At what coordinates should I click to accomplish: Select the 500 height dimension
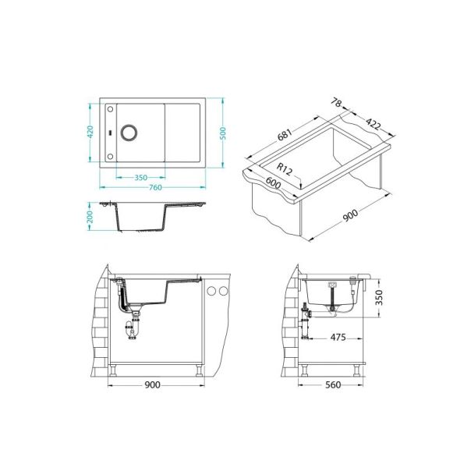[x=223, y=132]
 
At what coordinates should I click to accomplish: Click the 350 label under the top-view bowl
[x=140, y=177]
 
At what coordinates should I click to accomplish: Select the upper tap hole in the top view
[x=111, y=108]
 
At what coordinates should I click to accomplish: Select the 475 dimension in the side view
[x=338, y=338]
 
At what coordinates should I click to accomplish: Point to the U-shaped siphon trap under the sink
[x=133, y=331]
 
